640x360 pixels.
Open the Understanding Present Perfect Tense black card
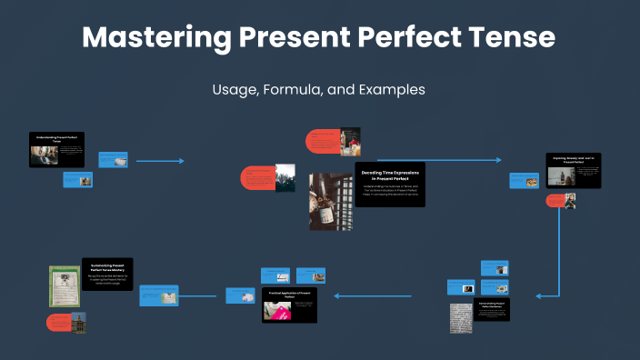pos(56,149)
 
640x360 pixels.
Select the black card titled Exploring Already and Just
pos(573,170)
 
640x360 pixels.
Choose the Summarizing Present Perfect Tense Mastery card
pos(107,274)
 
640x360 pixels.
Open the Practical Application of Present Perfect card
pos(289,305)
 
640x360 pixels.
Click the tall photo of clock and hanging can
pos(331,201)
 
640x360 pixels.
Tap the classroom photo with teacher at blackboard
pos(350,142)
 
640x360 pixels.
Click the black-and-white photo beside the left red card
pos(285,177)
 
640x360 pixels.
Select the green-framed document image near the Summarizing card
pos(64,285)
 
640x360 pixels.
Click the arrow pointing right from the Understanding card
pos(160,161)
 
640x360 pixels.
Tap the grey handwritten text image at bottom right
pos(461,317)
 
